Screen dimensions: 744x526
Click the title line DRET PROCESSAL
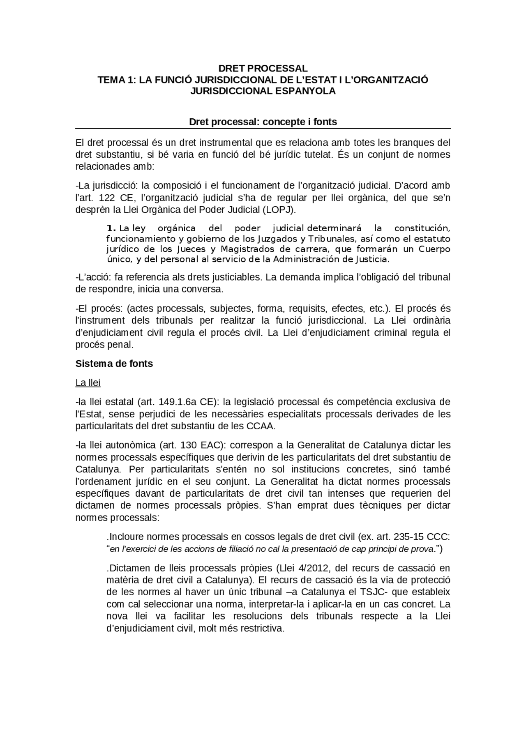pos(263,68)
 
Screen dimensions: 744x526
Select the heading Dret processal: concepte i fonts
pos(263,122)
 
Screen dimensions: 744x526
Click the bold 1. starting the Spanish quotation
pos(111,228)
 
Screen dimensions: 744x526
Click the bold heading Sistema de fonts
pos(114,364)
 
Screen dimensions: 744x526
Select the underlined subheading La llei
pos(88,383)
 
